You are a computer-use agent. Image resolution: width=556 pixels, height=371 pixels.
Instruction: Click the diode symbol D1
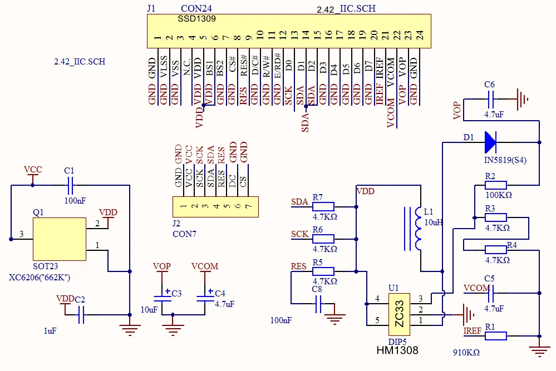click(x=490, y=142)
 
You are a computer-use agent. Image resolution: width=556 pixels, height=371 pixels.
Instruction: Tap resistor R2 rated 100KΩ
click(x=495, y=185)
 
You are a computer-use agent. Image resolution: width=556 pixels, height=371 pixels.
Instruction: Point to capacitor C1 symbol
click(x=70, y=183)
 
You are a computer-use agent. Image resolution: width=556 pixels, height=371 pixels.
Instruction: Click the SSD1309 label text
click(x=197, y=18)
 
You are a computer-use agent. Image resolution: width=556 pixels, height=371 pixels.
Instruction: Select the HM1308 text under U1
click(x=397, y=350)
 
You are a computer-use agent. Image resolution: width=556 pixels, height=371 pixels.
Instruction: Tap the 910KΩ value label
click(x=466, y=352)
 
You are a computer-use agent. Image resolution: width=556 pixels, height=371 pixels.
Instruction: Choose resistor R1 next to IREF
click(x=495, y=335)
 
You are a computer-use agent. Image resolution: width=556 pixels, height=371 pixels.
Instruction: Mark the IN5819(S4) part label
click(x=503, y=160)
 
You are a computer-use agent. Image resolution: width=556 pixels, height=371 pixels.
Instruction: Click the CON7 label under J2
click(x=184, y=234)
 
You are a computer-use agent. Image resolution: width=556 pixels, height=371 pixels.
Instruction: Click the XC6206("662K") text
click(x=40, y=276)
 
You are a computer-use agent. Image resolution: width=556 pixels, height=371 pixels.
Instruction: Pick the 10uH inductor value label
click(x=434, y=222)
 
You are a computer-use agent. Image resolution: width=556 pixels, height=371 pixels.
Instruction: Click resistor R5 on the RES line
click(x=323, y=271)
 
